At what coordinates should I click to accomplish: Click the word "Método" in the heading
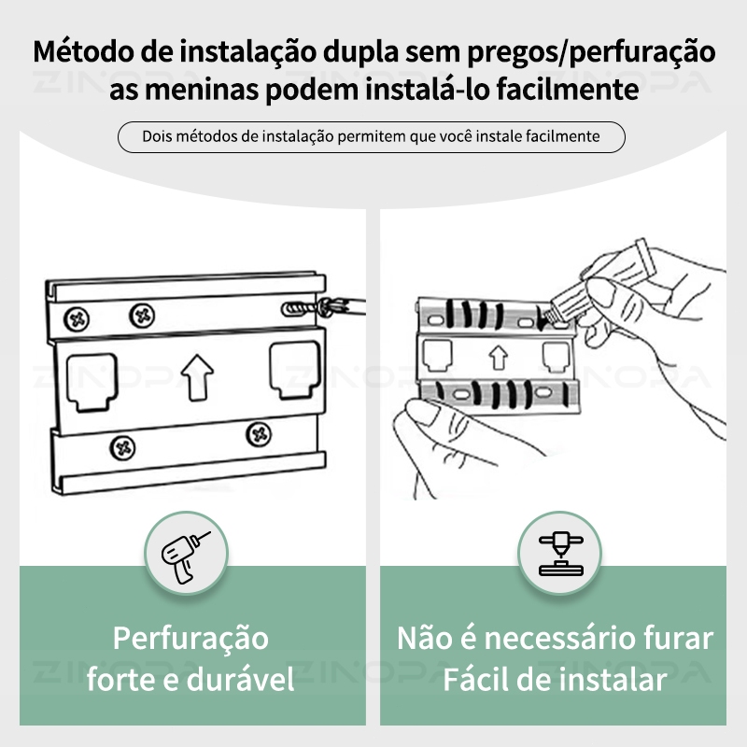pos(83,51)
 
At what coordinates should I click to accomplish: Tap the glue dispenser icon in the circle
pos(561,554)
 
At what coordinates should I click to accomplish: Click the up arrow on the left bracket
pos(197,378)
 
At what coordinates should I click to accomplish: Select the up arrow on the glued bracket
pos(499,358)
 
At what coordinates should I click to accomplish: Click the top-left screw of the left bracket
pos(77,318)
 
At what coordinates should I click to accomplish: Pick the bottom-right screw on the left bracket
pos(259,434)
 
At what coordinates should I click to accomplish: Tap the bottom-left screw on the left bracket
pos(122,448)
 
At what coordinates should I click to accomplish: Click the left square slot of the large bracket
pos(92,382)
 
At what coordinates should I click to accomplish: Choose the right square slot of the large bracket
pos(294,370)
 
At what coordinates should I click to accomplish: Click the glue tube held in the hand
pos(602,282)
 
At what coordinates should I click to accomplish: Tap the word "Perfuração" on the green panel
pos(190,639)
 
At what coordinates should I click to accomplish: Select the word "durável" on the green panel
pos(241,679)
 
